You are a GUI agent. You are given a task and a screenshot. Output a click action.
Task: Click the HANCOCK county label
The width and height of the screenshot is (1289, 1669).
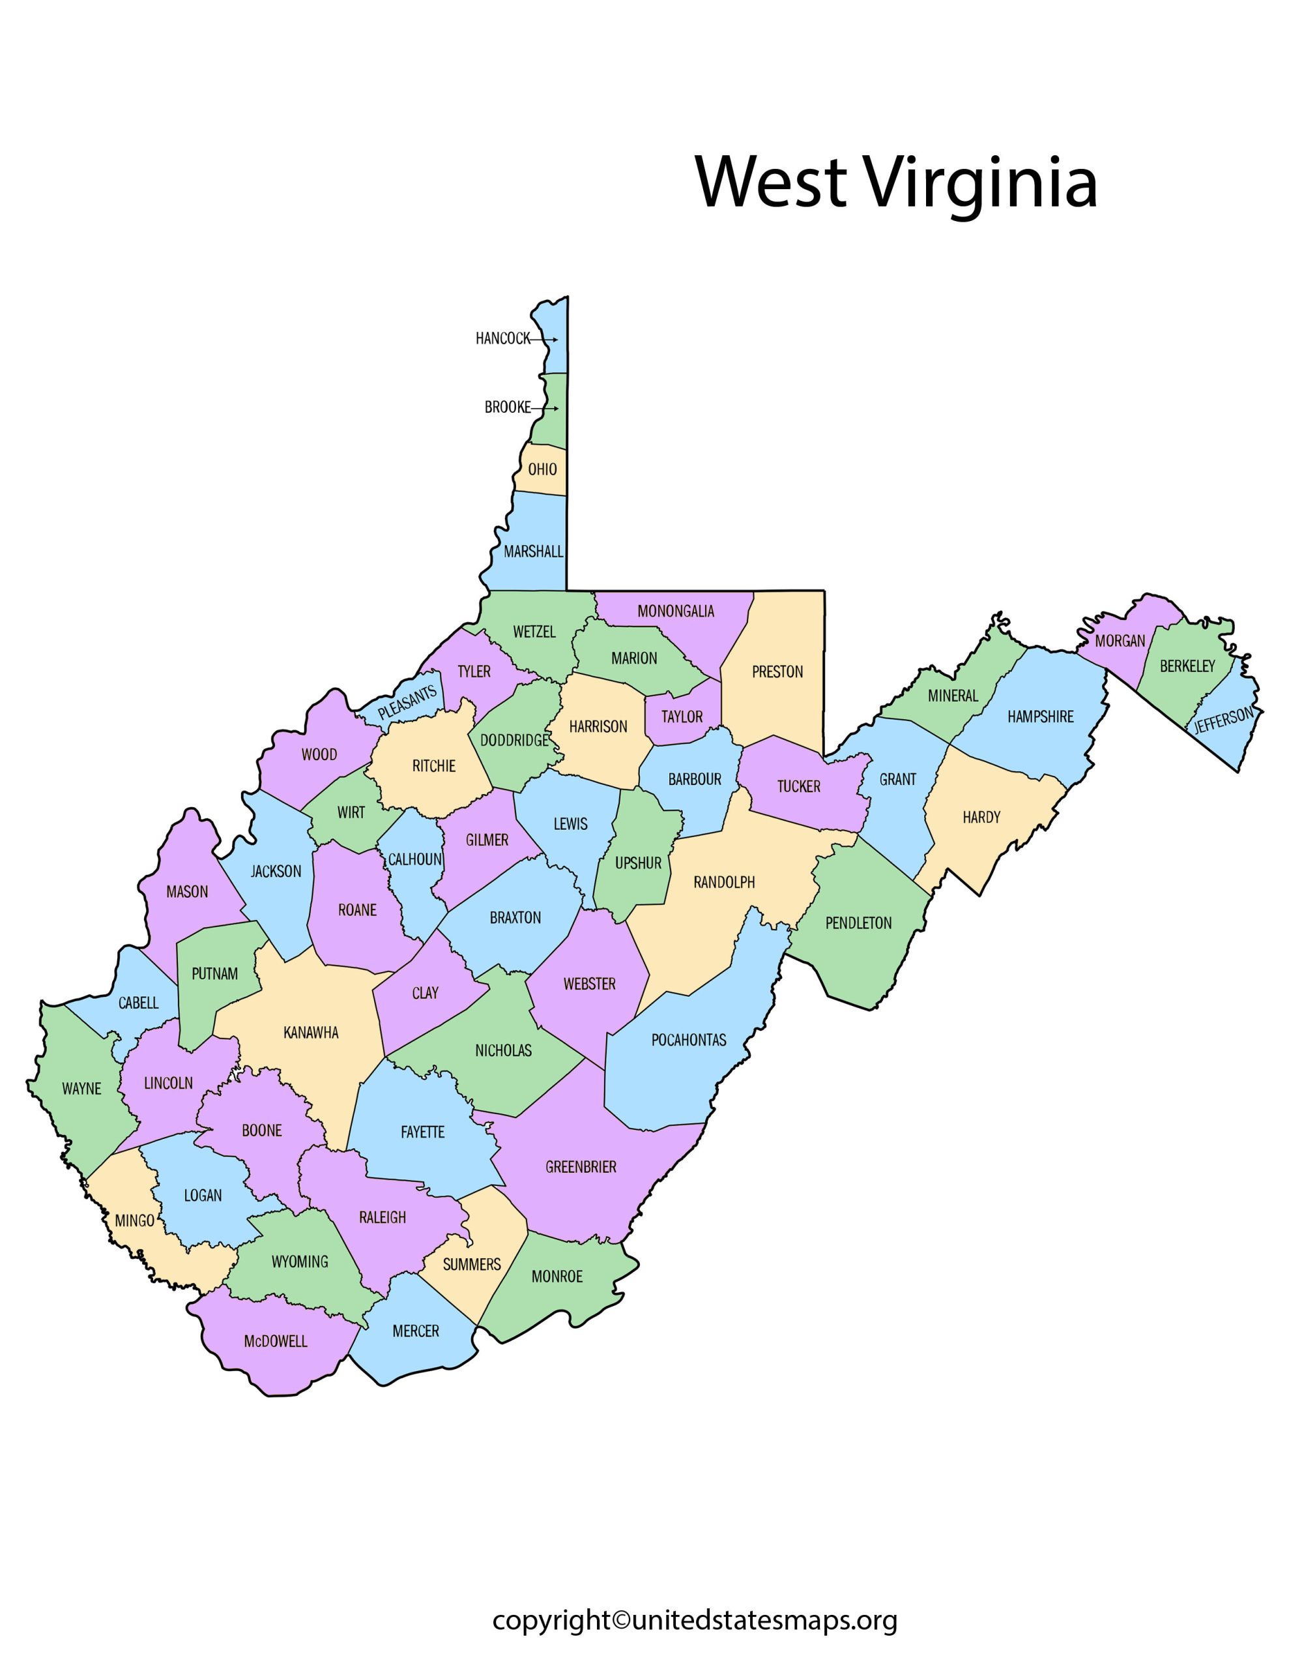[x=502, y=338]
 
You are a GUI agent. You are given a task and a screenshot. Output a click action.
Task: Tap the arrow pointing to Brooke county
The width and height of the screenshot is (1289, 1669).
[x=545, y=408]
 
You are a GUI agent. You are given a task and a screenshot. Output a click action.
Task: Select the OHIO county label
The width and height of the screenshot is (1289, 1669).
[x=542, y=469]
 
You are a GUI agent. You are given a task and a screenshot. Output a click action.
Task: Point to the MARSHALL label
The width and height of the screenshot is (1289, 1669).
[x=533, y=552]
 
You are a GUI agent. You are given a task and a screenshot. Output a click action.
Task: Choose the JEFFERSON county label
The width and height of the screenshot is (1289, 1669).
[x=1223, y=720]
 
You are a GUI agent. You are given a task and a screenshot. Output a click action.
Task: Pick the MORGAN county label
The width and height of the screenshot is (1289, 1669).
[x=1120, y=640]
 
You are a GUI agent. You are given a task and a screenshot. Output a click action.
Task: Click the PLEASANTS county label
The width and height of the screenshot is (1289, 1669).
[x=407, y=702]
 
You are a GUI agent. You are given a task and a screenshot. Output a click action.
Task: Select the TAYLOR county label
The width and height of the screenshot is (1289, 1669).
[x=682, y=716]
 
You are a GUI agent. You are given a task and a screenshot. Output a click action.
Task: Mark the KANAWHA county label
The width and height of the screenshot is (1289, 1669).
[x=311, y=1033]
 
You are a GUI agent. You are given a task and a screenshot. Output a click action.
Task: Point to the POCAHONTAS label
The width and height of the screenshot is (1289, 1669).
[x=688, y=1040]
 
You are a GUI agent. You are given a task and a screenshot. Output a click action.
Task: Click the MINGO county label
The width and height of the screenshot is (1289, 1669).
[x=134, y=1220]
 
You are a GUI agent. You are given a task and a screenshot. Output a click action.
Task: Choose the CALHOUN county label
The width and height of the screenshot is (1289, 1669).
[x=415, y=859]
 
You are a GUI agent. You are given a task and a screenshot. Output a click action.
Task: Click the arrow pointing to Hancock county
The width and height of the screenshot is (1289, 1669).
[x=544, y=339]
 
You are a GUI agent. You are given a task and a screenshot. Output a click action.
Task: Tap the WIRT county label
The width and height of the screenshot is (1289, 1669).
[x=351, y=812]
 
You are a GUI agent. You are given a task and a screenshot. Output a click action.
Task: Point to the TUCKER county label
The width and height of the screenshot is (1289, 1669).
[x=798, y=786]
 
